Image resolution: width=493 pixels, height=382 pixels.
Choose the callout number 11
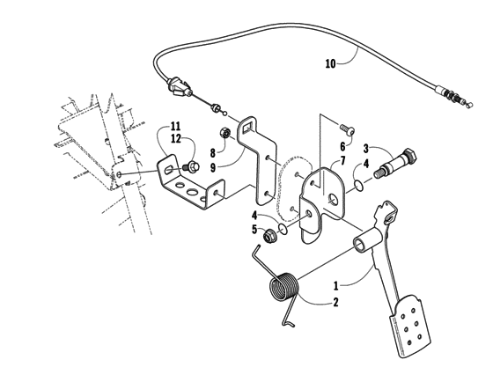175,127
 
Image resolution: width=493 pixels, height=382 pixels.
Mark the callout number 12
175,139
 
